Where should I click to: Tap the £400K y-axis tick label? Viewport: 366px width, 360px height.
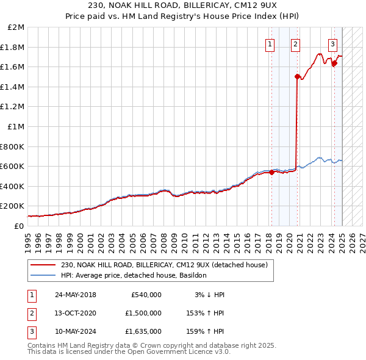[x=12, y=186]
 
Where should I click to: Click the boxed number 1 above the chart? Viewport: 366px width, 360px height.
[x=270, y=44]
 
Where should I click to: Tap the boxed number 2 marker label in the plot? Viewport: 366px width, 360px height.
[x=295, y=44]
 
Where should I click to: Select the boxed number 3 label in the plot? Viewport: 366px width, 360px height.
[x=333, y=44]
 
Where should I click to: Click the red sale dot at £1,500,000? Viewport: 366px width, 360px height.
[x=297, y=77]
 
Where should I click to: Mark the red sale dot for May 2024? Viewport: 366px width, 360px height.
[x=334, y=63]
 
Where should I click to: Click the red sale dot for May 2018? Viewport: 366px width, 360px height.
[x=272, y=172]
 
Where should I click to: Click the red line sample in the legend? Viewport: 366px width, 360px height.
[x=42, y=265]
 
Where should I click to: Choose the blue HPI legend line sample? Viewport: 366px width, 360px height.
[x=42, y=276]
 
